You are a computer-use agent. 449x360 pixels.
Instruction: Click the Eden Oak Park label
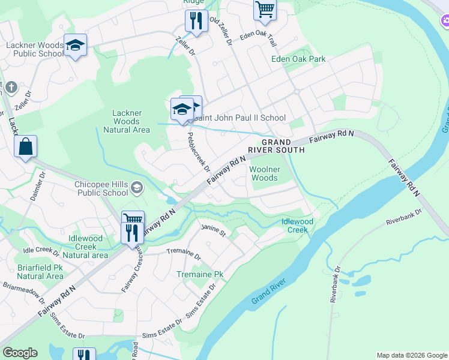coord(298,59)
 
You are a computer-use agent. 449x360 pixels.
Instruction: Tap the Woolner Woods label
coord(264,174)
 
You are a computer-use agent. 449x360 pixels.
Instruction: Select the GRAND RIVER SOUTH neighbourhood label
coord(276,146)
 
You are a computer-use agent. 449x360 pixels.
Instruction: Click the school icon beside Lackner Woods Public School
coord(75,46)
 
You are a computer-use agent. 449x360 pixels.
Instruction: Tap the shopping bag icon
coord(25,147)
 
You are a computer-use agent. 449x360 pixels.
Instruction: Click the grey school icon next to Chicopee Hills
coord(137,188)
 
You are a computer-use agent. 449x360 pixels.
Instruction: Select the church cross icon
coord(10,88)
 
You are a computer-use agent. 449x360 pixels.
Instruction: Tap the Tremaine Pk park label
coord(200,274)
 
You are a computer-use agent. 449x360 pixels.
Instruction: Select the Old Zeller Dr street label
coord(220,31)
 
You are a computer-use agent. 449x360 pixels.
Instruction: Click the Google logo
coord(20,353)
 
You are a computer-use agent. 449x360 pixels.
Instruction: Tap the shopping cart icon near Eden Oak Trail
coord(265,10)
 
